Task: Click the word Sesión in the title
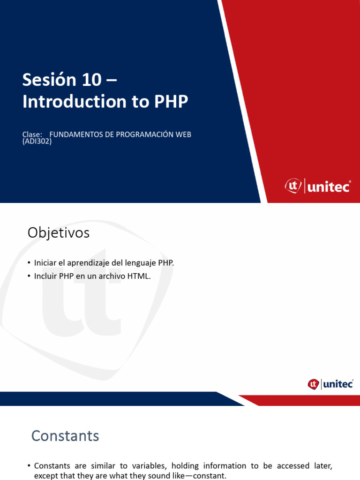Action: tap(49, 80)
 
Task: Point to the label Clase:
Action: tap(32, 135)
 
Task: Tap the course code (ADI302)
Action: tap(37, 141)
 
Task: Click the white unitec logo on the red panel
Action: tap(317, 186)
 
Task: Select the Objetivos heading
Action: tap(58, 232)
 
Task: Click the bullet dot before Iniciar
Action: tap(29, 263)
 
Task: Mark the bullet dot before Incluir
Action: tap(29, 276)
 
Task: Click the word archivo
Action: tap(113, 276)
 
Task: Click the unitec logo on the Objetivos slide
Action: tap(330, 384)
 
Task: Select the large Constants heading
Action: tap(65, 436)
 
